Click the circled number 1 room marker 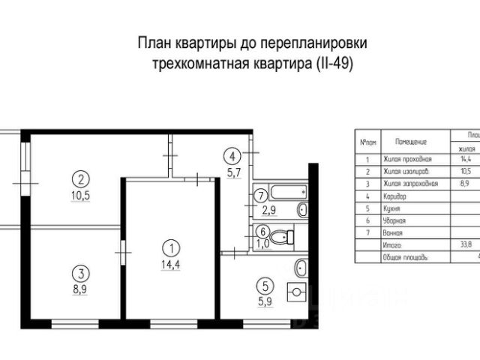(172, 246)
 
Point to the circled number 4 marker (233, 157)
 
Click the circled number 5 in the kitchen (263, 285)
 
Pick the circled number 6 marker (261, 232)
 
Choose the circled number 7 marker (260, 196)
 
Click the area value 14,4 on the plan (172, 264)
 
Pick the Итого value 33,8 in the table (465, 243)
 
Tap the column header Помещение (411, 141)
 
